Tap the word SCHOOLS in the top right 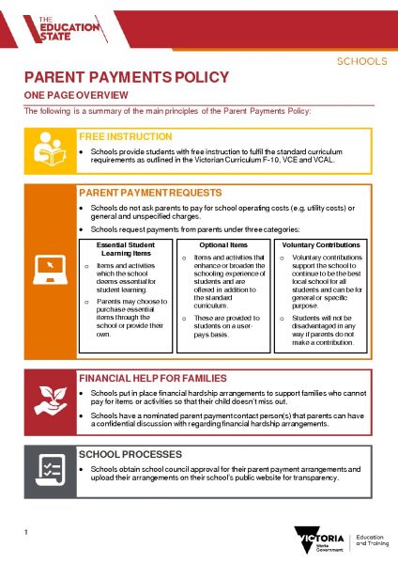click(361, 62)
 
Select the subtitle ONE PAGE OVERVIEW click(67, 97)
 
